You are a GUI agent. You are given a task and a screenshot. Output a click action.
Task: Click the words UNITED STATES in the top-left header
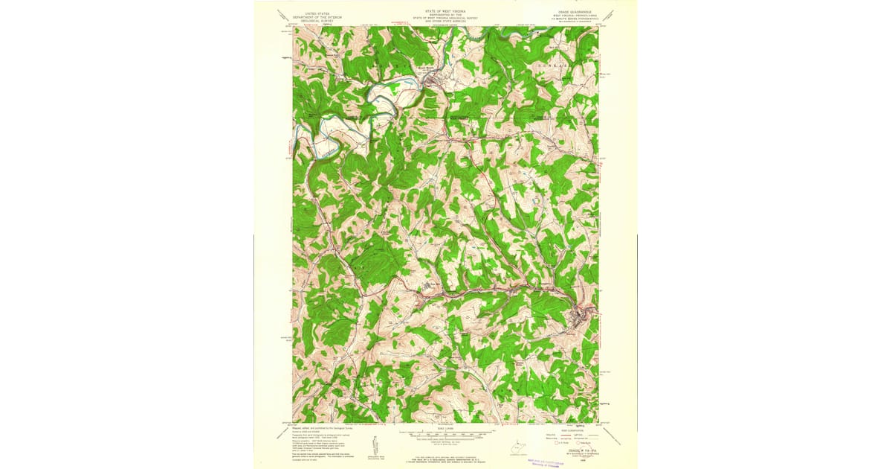coord(312,12)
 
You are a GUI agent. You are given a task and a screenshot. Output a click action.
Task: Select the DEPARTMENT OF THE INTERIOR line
coord(312,16)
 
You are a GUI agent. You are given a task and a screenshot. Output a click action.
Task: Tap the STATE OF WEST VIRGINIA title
coord(446,12)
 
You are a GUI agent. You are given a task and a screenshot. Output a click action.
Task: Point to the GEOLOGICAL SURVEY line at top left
coord(312,20)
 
